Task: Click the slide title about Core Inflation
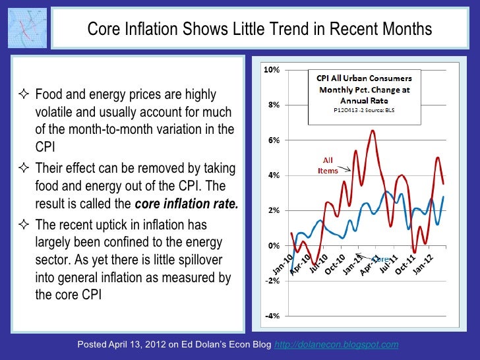pyautogui.click(x=260, y=30)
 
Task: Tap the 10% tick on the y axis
pyautogui.click(x=272, y=70)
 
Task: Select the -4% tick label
pyautogui.click(x=272, y=316)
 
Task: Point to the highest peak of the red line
pyautogui.click(x=373, y=131)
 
